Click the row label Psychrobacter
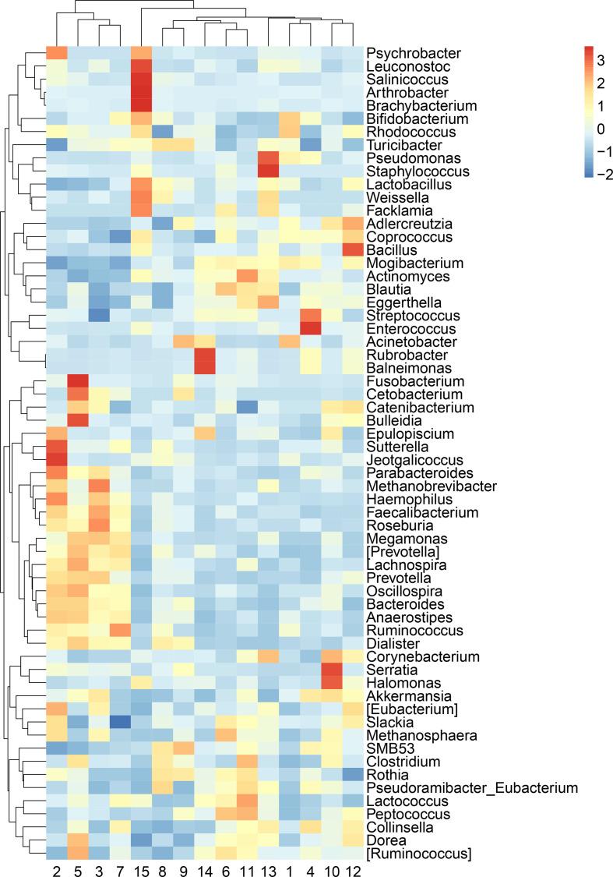pyautogui.click(x=403, y=53)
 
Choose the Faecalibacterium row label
pyautogui.click(x=411, y=512)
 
